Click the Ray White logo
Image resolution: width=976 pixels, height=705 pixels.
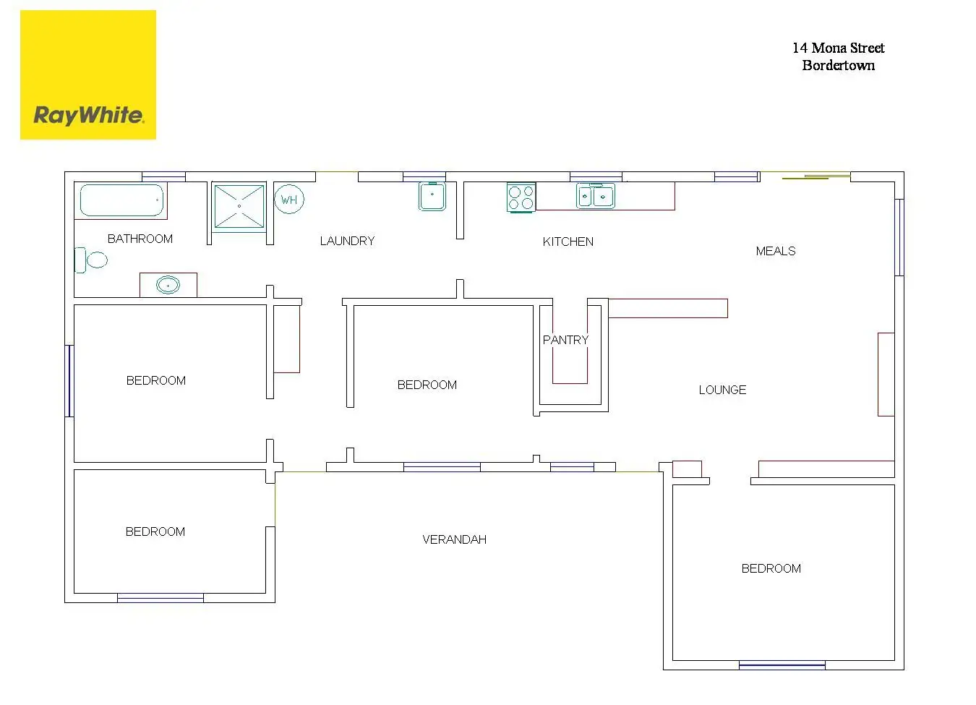(x=88, y=75)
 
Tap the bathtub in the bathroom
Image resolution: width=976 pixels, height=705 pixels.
(x=121, y=200)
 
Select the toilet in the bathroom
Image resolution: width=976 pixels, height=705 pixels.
(x=92, y=260)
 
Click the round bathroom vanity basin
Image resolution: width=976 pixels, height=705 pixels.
(x=168, y=286)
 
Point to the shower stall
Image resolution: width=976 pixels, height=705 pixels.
(x=239, y=206)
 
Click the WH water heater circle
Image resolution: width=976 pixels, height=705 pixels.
(x=289, y=200)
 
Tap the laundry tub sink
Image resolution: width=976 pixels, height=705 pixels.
(x=432, y=196)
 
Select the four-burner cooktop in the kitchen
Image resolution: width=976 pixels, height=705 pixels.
(x=521, y=197)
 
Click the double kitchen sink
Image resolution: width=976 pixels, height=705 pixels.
(x=596, y=196)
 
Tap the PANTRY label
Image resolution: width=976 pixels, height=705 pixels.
(x=565, y=340)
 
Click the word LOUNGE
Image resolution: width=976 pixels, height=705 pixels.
(x=722, y=390)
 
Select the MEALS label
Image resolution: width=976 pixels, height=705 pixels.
(x=775, y=251)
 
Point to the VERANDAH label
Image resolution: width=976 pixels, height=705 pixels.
(x=454, y=539)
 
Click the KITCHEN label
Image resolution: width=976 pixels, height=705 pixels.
(x=568, y=242)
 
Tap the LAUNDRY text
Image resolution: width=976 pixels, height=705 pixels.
(x=347, y=241)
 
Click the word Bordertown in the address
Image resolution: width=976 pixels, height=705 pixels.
(x=838, y=65)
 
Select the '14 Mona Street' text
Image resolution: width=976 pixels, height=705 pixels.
(x=838, y=48)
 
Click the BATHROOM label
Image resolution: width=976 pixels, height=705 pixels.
(x=140, y=239)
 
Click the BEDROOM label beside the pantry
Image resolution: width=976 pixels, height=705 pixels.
(x=427, y=385)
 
